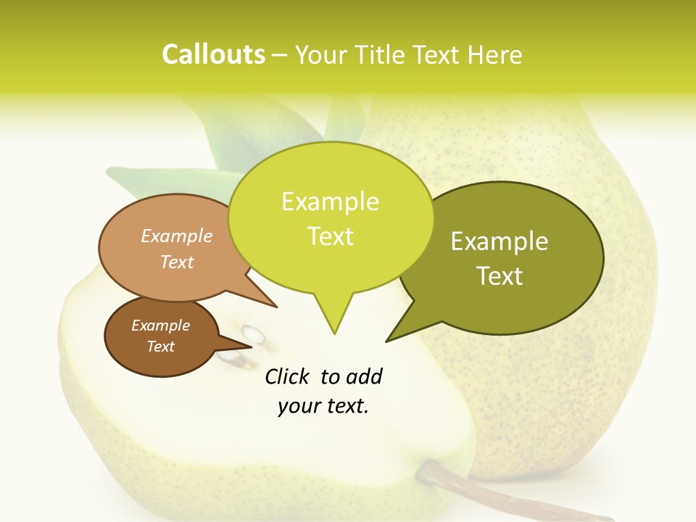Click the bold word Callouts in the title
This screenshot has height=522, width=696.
pyautogui.click(x=213, y=54)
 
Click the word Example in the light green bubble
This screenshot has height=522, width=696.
pyautogui.click(x=330, y=202)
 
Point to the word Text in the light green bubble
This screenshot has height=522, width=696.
pyautogui.click(x=330, y=236)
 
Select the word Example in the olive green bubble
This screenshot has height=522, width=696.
pyautogui.click(x=500, y=241)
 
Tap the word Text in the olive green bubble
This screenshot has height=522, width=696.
pyautogui.click(x=500, y=275)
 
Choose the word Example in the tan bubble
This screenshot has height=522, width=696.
pyautogui.click(x=176, y=236)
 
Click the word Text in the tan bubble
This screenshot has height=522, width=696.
pyautogui.click(x=176, y=262)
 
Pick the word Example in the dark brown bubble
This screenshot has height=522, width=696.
pyautogui.click(x=160, y=326)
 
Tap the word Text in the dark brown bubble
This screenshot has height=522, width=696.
pyautogui.click(x=160, y=347)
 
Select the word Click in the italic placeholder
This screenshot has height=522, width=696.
pyautogui.click(x=288, y=376)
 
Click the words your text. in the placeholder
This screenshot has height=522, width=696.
pyautogui.click(x=323, y=405)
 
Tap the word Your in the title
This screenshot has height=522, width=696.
pyautogui.click(x=323, y=54)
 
